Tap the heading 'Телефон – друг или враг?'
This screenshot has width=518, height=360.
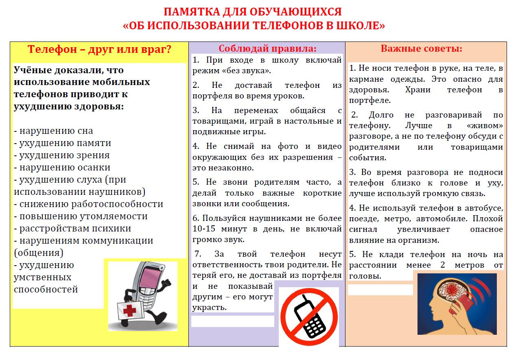click(x=99, y=50)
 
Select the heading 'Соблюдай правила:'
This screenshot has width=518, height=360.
click(x=267, y=48)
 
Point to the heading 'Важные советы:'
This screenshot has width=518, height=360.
click(x=421, y=48)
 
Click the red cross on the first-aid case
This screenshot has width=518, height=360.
click(x=129, y=311)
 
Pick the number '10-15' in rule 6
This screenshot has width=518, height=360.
click(x=203, y=229)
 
